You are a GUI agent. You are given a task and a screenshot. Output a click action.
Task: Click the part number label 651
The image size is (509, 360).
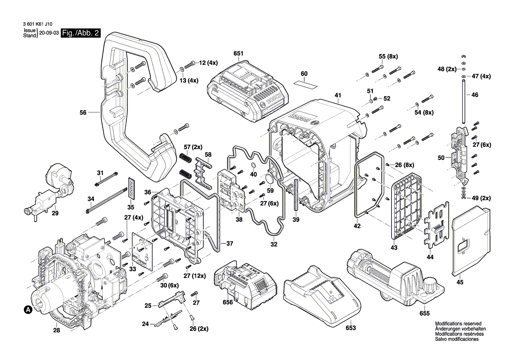pos(238,54)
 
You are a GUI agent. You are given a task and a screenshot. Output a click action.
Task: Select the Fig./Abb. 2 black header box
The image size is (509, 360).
pos(81,33)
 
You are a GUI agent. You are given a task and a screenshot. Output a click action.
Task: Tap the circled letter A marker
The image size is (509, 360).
pos(27,310)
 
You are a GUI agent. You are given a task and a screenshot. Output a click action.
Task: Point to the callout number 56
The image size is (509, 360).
pos(84,112)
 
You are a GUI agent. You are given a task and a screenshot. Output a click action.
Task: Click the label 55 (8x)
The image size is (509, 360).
pos(388,57)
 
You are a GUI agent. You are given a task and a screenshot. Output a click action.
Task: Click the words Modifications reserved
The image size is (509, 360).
pos(457,323)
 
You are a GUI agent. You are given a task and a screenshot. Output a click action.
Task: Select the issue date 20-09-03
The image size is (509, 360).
pos(49,33)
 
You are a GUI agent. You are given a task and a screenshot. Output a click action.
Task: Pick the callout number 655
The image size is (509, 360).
pos(425,313)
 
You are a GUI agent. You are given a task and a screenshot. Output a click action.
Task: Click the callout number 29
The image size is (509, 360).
pos(55,214)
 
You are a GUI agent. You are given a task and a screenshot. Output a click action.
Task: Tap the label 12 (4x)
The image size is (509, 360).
pos(209,63)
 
